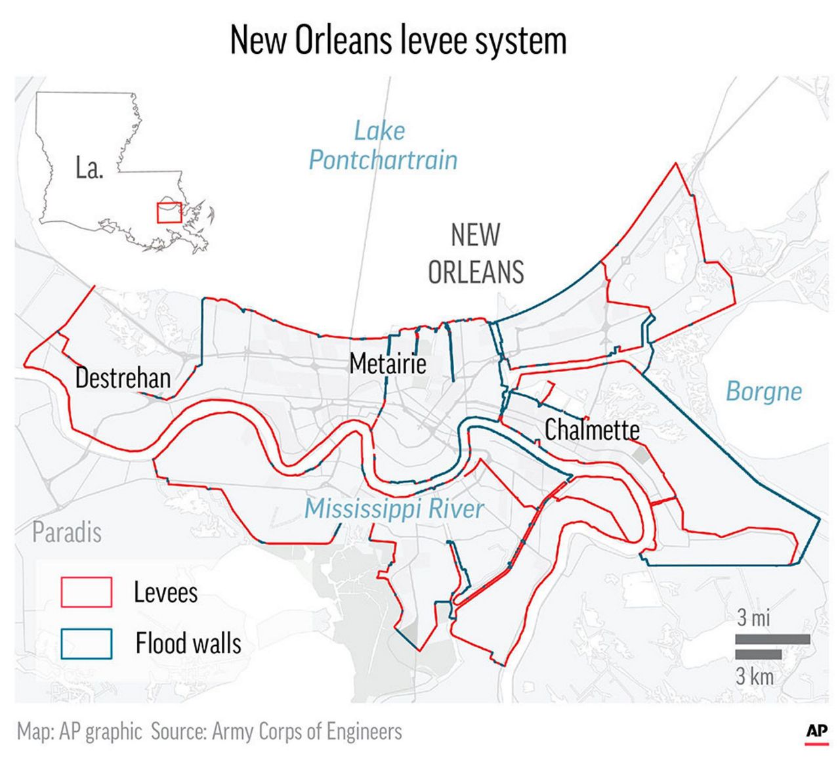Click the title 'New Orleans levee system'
pyautogui.click(x=398, y=41)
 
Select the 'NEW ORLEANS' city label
pyautogui.click(x=476, y=253)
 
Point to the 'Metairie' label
pyautogui.click(x=388, y=363)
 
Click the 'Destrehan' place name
pyautogui.click(x=123, y=378)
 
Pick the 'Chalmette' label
pyautogui.click(x=592, y=430)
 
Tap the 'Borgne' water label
pyautogui.click(x=763, y=392)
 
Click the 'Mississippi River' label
pyautogui.click(x=394, y=509)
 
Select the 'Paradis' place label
pyautogui.click(x=67, y=532)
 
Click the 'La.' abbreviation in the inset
pyautogui.click(x=89, y=169)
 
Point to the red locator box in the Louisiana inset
pyautogui.click(x=169, y=213)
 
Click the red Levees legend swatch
pyautogui.click(x=86, y=592)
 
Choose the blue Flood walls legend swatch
pyautogui.click(x=86, y=643)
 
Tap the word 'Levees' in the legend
pyautogui.click(x=165, y=593)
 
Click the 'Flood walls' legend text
pyautogui.click(x=188, y=643)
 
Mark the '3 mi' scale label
pyautogui.click(x=753, y=618)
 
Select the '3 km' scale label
pyautogui.click(x=754, y=676)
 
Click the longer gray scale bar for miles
pyautogui.click(x=772, y=639)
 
